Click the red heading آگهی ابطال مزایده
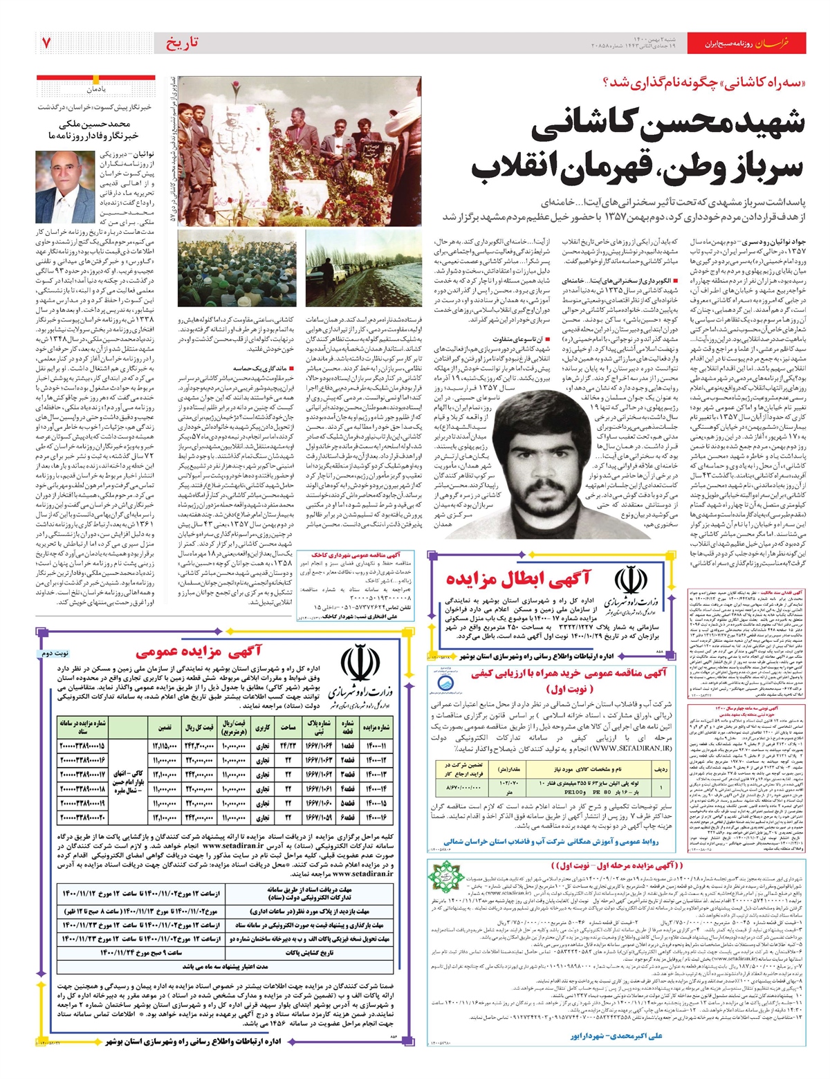[x=519, y=578]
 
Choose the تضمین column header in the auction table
[x=165, y=727]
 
